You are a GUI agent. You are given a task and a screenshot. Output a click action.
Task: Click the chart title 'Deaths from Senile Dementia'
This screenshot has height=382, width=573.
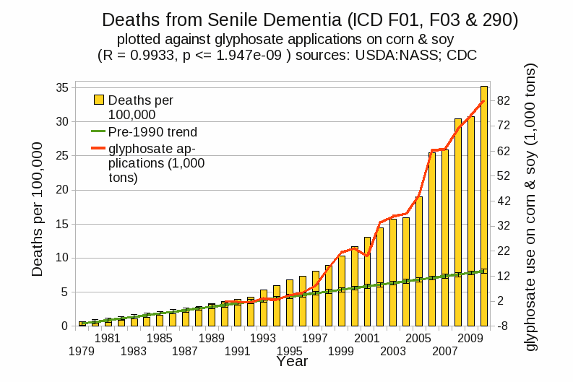click(x=310, y=19)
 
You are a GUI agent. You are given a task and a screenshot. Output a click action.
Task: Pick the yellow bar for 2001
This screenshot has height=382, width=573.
click(x=367, y=282)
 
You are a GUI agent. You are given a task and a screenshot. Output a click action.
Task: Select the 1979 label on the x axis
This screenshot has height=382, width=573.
click(x=82, y=351)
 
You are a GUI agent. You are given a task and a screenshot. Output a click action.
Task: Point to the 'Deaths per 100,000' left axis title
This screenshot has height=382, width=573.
click(x=38, y=209)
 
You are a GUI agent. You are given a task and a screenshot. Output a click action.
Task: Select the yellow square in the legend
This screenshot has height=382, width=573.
click(x=99, y=100)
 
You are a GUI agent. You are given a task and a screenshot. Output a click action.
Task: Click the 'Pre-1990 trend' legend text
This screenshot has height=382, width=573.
click(x=152, y=132)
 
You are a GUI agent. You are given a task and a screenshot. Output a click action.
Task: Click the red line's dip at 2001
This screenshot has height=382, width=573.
click(x=367, y=256)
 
